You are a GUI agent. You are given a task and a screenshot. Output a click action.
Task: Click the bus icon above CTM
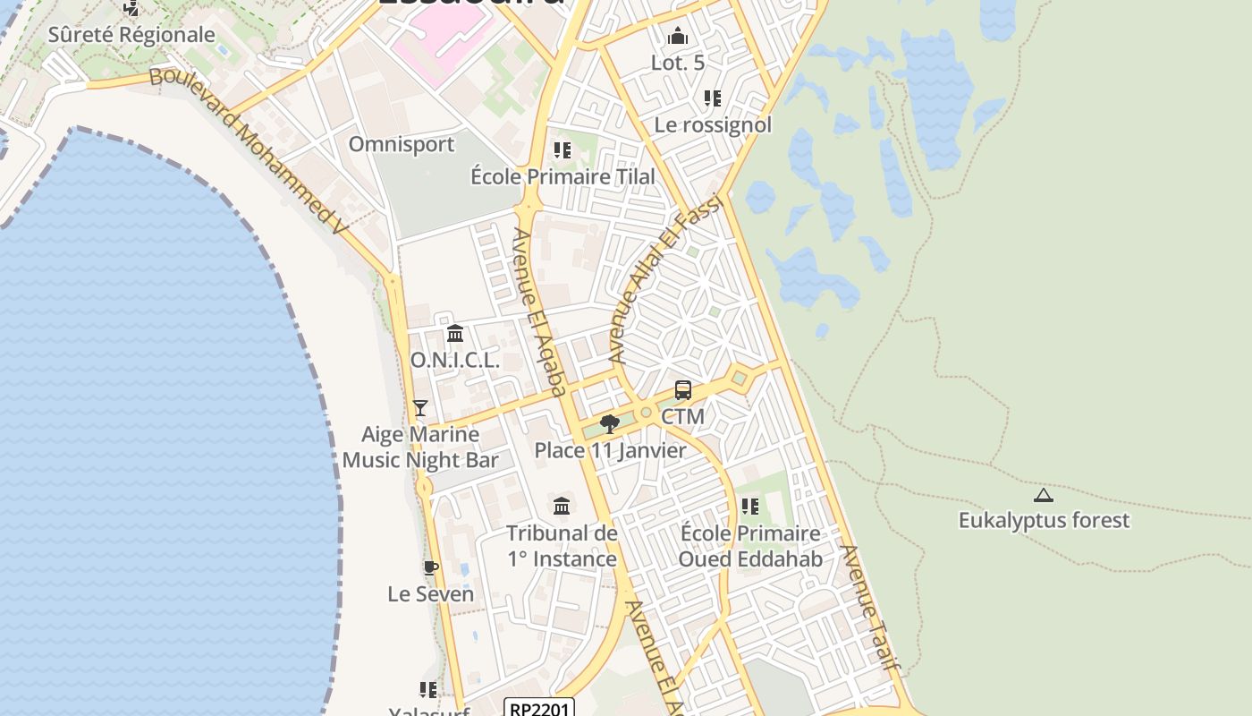(682, 390)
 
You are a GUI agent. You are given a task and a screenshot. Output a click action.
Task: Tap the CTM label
(682, 416)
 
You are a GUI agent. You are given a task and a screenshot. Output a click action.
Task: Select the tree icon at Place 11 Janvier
(610, 423)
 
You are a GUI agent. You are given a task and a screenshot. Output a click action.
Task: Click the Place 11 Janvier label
(610, 450)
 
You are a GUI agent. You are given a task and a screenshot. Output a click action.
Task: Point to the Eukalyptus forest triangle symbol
(1043, 495)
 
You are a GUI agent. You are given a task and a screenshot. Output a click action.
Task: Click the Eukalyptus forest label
(1044, 520)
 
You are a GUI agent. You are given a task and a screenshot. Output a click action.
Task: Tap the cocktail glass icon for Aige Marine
(419, 408)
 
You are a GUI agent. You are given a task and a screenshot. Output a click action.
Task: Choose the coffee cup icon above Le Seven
(430, 567)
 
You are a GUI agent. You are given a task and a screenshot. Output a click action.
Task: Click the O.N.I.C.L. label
(454, 360)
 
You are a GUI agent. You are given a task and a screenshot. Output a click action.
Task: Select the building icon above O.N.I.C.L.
(455, 334)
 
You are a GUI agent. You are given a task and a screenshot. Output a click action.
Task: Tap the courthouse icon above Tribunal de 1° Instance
(562, 507)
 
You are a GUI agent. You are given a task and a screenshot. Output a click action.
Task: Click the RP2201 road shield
(538, 709)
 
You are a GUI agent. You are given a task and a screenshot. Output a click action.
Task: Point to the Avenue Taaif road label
(869, 608)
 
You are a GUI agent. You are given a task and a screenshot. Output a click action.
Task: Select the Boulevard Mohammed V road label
(248, 151)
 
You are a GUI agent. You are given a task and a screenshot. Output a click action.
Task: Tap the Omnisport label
(402, 144)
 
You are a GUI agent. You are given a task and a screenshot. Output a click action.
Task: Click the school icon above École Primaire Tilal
(562, 149)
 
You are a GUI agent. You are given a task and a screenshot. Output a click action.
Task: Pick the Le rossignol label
(713, 124)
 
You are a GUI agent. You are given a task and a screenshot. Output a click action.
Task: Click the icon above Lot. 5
(678, 37)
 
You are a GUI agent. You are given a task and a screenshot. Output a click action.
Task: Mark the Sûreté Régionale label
(131, 35)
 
